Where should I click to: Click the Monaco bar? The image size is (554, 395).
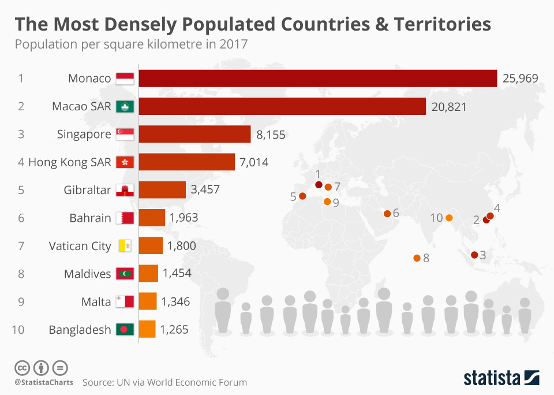pyautogui.click(x=317, y=79)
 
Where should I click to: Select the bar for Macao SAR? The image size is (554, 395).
pyautogui.click(x=282, y=106)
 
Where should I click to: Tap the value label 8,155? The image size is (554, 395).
pyautogui.click(x=270, y=135)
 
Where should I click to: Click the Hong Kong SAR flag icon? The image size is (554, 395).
pyautogui.click(x=125, y=162)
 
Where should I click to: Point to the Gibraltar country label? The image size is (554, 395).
pyautogui.click(x=88, y=190)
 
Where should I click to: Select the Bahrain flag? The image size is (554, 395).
pyautogui.click(x=125, y=218)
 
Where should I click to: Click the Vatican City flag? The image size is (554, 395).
pyautogui.click(x=125, y=246)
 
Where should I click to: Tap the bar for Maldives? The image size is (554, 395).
pyautogui.click(x=148, y=273)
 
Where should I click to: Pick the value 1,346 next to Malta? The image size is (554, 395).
pyautogui.click(x=175, y=301)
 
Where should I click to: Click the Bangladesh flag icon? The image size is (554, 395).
pyautogui.click(x=125, y=329)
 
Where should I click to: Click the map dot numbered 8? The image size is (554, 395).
pyautogui.click(x=417, y=258)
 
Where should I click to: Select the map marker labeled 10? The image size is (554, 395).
pyautogui.click(x=449, y=218)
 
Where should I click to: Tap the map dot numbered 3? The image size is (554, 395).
pyautogui.click(x=474, y=255)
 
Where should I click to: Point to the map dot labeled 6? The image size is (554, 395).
pyautogui.click(x=387, y=214)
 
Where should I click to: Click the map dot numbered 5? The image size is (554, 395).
pyautogui.click(x=302, y=196)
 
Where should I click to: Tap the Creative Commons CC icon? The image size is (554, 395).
pyautogui.click(x=22, y=367)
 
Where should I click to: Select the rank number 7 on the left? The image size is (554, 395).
pyautogui.click(x=21, y=246)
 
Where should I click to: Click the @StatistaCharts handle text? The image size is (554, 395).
pyautogui.click(x=44, y=382)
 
